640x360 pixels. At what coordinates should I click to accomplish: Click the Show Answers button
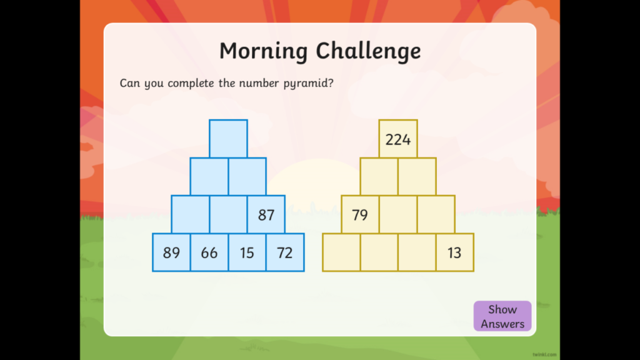pyautogui.click(x=502, y=316)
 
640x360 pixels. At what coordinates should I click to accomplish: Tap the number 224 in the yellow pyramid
pyautogui.click(x=398, y=140)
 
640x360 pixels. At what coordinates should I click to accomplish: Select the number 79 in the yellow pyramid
pyautogui.click(x=360, y=215)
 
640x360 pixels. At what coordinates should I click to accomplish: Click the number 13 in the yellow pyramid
pyautogui.click(x=454, y=253)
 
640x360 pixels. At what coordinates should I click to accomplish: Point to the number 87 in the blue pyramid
pyautogui.click(x=266, y=215)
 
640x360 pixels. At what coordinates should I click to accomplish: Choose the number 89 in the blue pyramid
pyautogui.click(x=171, y=253)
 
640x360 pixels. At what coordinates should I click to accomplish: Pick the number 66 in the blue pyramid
pyautogui.click(x=209, y=253)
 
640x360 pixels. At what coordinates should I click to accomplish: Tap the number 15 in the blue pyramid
pyautogui.click(x=247, y=253)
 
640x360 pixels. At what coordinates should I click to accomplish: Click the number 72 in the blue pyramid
pyautogui.click(x=285, y=253)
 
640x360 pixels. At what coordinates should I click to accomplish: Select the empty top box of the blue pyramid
pyautogui.click(x=228, y=139)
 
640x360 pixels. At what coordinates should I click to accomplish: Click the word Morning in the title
pyautogui.click(x=264, y=51)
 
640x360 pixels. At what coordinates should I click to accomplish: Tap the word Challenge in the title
pyautogui.click(x=369, y=51)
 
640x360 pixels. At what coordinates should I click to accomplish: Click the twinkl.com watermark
pyautogui.click(x=544, y=355)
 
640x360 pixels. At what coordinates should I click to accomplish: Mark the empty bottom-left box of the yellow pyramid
pyautogui.click(x=342, y=252)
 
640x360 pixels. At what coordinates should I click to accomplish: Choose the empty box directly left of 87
pyautogui.click(x=228, y=214)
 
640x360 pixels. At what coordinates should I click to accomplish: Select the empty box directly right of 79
pyautogui.click(x=398, y=214)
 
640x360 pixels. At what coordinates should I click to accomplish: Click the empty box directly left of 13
pyautogui.click(x=417, y=252)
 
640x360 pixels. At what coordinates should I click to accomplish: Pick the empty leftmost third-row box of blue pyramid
pyautogui.click(x=191, y=214)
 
